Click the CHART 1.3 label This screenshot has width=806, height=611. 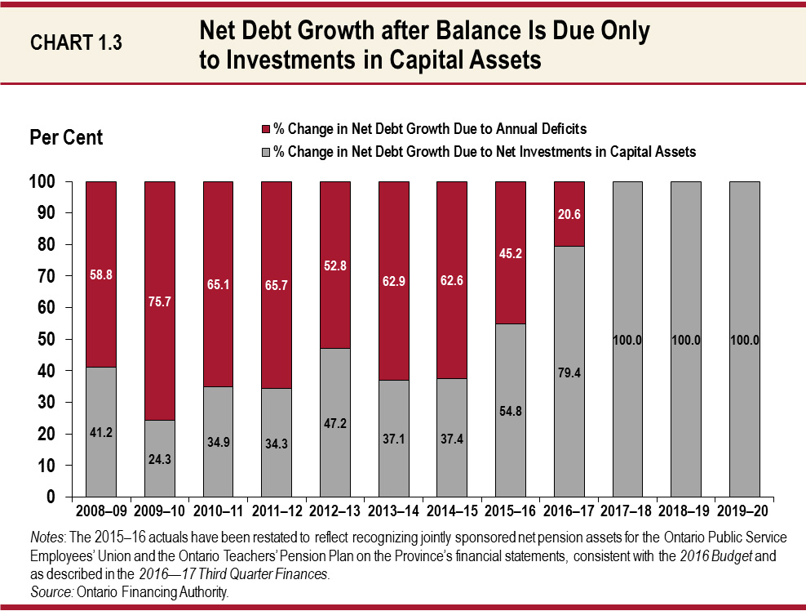(x=76, y=43)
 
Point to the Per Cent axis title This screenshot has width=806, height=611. (x=66, y=137)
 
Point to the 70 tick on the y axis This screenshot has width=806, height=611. (x=51, y=276)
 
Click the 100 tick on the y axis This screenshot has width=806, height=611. (x=48, y=181)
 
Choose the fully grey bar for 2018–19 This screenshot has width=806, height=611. (x=686, y=408)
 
